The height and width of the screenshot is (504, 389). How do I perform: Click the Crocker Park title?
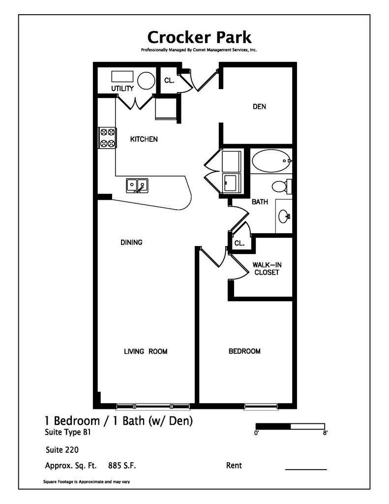199,37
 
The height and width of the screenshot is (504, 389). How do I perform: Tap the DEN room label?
259,106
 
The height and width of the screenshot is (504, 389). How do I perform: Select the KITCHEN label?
144,139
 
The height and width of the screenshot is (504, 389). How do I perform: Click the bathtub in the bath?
271,160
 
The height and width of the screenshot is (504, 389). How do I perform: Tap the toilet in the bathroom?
281,186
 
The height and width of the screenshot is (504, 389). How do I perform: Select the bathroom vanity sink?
284,215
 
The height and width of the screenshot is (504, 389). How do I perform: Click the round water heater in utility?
146,80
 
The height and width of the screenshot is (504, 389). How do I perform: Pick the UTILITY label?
122,89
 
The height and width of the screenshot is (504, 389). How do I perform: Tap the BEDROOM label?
244,351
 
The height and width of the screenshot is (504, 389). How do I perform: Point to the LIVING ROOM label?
146,351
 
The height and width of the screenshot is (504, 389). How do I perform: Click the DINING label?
131,242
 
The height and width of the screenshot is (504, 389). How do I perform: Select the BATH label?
260,202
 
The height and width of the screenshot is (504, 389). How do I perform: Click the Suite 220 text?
62,449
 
